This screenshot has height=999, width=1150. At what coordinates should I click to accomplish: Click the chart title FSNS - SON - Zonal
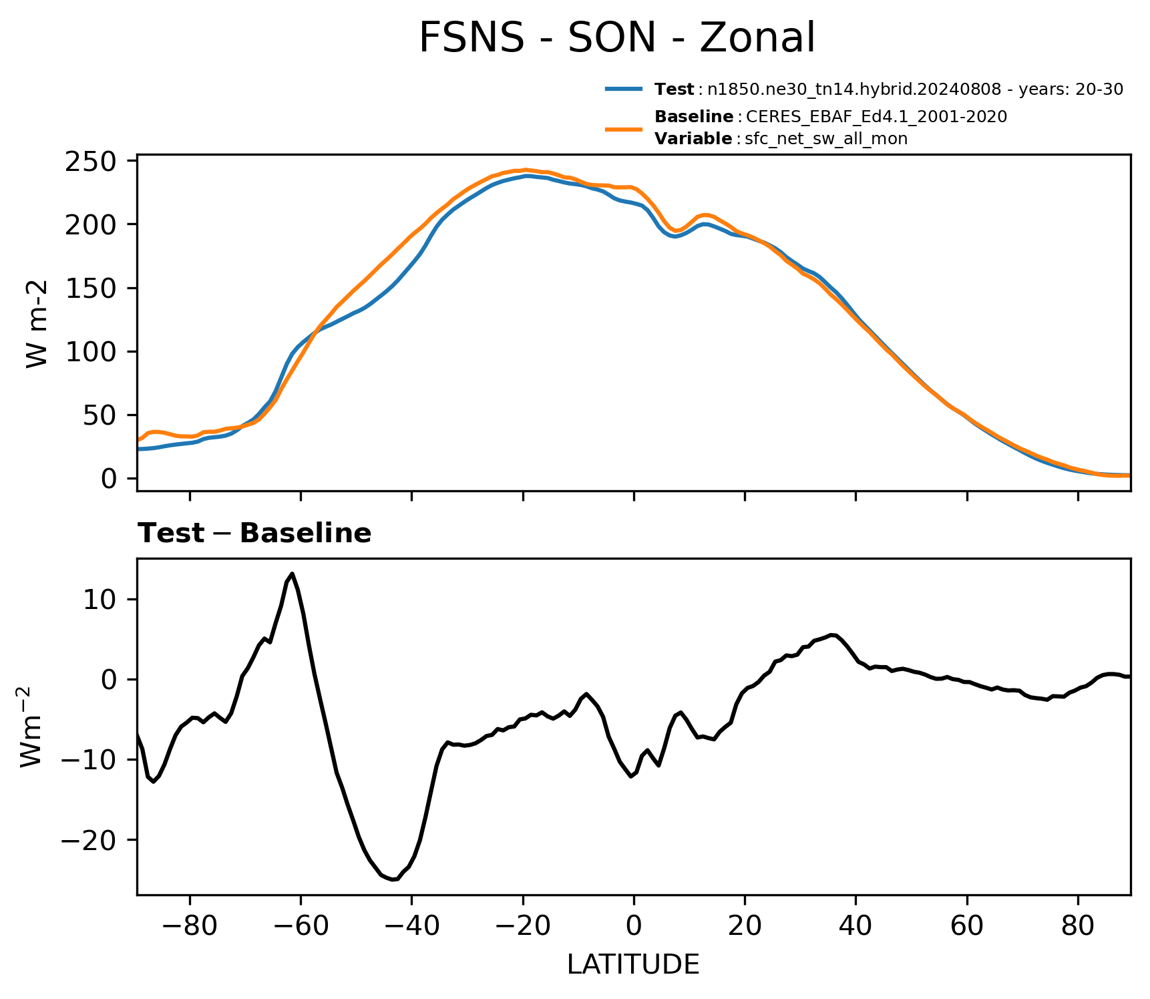tap(616, 38)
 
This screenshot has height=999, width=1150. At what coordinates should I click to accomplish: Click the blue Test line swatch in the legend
tap(624, 89)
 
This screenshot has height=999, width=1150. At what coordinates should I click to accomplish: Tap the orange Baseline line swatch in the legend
tap(624, 128)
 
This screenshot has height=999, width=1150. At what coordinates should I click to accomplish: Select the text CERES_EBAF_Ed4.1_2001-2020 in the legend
tap(876, 117)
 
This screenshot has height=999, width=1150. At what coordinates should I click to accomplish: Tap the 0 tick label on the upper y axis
tap(109, 478)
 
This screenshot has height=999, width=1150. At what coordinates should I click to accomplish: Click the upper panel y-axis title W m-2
tap(37, 323)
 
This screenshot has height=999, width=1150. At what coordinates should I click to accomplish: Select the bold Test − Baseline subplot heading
tap(254, 534)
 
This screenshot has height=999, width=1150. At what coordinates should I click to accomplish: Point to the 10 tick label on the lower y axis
tap(101, 599)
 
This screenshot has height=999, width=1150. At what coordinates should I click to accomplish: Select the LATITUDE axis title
tap(633, 964)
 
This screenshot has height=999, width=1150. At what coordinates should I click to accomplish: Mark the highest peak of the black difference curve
tap(293, 574)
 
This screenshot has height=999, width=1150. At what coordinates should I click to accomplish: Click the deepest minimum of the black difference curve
tap(394, 879)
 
